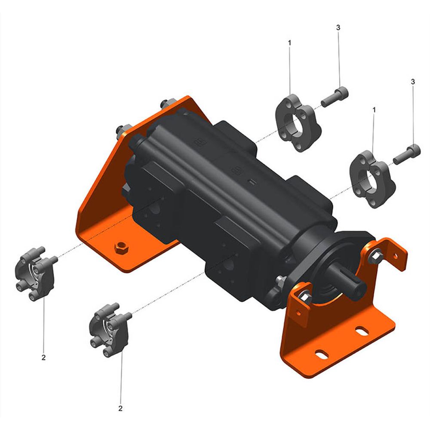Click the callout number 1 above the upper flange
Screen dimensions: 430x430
(289, 43)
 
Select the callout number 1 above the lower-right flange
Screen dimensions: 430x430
(374, 110)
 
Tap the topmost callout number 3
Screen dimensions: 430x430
(338, 28)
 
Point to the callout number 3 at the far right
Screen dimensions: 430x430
(413, 82)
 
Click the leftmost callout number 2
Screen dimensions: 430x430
(43, 358)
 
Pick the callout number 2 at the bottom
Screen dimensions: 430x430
(120, 408)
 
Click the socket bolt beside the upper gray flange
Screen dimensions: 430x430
(335, 97)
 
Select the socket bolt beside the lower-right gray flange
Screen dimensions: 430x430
(407, 154)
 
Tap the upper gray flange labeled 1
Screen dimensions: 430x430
(298, 123)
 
